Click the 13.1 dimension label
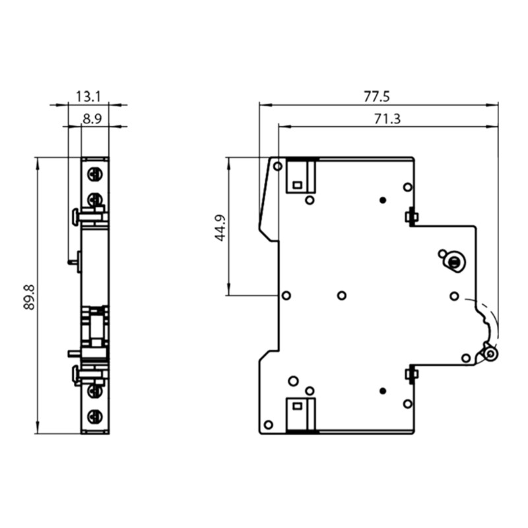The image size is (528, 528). pos(88,97)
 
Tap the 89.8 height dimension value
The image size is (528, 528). pos(29,296)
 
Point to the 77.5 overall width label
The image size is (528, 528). pos(377,97)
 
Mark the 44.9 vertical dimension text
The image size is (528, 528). pos(221,227)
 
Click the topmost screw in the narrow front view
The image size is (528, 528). pos(95,175)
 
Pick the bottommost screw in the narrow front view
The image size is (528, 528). pos(95,416)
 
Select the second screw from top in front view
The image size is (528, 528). pos(95,199)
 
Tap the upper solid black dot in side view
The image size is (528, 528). pos(382,200)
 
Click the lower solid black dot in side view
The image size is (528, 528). pos(382,391)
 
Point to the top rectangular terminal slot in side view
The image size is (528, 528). pos(300,176)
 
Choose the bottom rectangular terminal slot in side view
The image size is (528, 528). pos(300,414)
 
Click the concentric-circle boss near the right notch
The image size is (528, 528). pos(453,262)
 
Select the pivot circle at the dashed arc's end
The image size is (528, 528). pos(490,354)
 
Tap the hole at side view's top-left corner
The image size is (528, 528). pos(278,166)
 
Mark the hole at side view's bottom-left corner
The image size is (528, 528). pos(268,424)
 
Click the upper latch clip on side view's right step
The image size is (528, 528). pos(411,216)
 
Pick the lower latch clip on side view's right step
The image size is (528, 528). pos(411,375)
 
